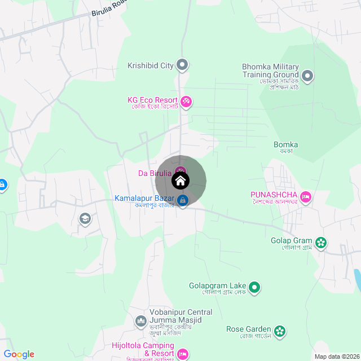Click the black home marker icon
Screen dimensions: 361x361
[180, 181]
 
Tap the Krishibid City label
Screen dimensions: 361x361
[151, 65]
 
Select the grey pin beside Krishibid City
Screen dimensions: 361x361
[182, 65]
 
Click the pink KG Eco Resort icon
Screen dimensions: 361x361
[186, 102]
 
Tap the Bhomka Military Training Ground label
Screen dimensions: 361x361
[270, 71]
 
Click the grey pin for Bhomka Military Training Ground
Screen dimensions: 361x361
[307, 75]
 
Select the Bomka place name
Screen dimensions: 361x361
[285, 144]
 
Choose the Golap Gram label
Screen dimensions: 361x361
[291, 240]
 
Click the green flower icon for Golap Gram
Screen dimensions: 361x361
[321, 243]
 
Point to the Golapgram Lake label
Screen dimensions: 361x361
[216, 285]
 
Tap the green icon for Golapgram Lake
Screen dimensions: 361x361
[254, 288]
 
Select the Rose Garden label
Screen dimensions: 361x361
[249, 329]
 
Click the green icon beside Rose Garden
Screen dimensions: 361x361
[280, 331]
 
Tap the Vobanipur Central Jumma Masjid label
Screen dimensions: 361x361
[180, 316]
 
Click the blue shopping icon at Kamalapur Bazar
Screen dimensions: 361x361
[183, 200]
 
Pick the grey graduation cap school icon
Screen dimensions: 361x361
[85, 218]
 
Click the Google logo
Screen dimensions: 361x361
[19, 354]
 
